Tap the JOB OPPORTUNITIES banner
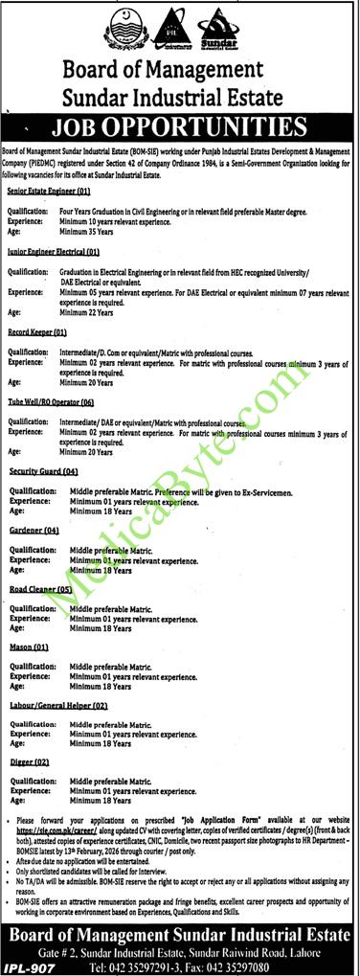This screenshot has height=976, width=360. [180, 128]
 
